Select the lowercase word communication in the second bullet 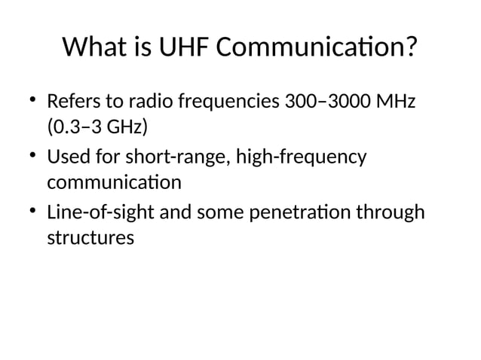(114, 182)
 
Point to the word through (393, 213)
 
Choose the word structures (90, 238)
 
